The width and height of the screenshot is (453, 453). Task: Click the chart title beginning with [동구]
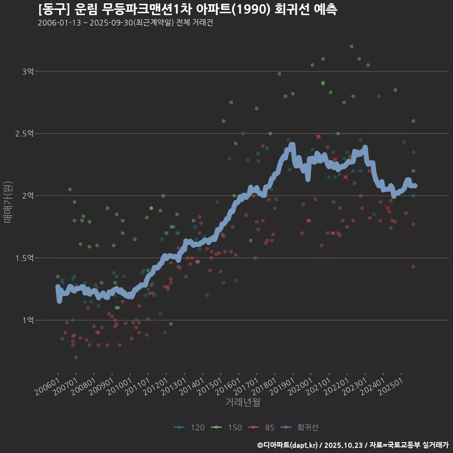click(187, 9)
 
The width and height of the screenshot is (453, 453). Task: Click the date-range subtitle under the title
click(125, 23)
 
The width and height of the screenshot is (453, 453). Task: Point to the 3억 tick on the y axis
click(28, 72)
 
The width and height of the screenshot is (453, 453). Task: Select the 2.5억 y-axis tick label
click(25, 134)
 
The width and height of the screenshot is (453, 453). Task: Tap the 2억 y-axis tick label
click(28, 196)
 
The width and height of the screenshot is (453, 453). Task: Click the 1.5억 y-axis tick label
click(25, 258)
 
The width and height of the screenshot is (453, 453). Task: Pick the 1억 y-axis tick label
click(28, 320)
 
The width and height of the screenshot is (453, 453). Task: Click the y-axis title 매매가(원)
click(7, 201)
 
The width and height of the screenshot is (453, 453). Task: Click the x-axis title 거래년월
click(243, 403)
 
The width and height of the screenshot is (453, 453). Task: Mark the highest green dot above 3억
click(352, 46)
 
